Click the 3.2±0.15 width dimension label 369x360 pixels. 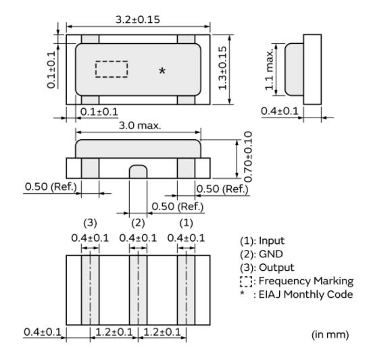138,20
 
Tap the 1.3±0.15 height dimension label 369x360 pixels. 222,68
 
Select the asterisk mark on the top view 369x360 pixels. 162,70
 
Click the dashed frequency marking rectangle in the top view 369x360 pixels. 112,69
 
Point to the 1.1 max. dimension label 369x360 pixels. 269,70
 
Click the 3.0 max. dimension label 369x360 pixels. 140,126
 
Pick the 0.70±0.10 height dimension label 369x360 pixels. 248,157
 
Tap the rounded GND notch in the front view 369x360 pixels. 138,172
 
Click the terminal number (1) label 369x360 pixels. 186,223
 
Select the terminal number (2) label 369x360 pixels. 138,223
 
